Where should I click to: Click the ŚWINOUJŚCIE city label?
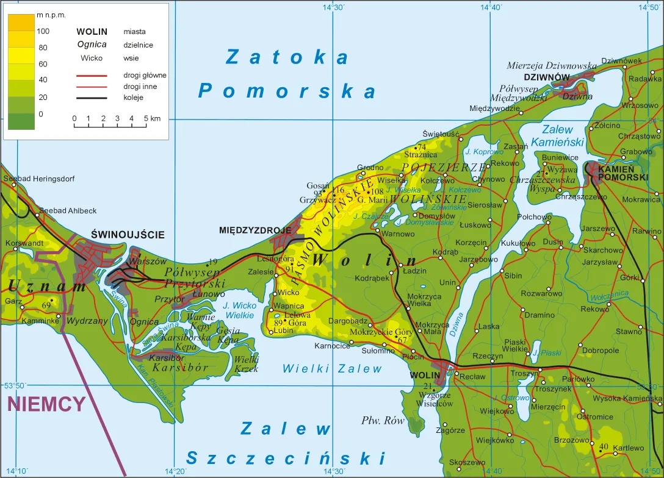coord(128,234)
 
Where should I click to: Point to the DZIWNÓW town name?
coord(546,77)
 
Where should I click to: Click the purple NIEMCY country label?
coord(46,404)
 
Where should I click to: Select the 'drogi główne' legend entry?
coord(145,75)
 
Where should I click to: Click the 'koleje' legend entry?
coord(133,97)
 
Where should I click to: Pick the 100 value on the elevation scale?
coord(43,30)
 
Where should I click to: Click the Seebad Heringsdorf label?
coord(39,179)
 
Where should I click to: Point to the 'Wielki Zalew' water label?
coord(332,368)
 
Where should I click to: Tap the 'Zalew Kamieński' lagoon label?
coord(557,135)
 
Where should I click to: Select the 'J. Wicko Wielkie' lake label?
coord(240,310)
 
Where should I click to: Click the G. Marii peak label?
coord(373,200)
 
